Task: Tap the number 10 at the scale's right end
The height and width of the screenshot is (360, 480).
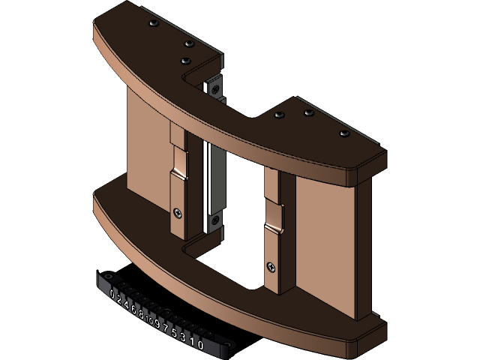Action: tap(197, 344)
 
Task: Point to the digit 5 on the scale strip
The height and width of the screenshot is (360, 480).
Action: tap(174, 334)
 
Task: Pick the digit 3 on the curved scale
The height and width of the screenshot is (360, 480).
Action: tap(182, 338)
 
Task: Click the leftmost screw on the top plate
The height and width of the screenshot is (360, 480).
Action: tap(154, 24)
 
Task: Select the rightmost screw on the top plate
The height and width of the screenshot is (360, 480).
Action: tap(345, 133)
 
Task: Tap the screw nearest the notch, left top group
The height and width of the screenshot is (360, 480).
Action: tap(187, 59)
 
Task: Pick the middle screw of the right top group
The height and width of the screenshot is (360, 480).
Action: tap(307, 113)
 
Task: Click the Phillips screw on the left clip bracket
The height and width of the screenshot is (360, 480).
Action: tap(177, 212)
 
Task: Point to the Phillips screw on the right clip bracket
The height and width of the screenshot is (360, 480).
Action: tap(271, 265)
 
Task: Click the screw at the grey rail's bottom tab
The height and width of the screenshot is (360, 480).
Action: tap(215, 220)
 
